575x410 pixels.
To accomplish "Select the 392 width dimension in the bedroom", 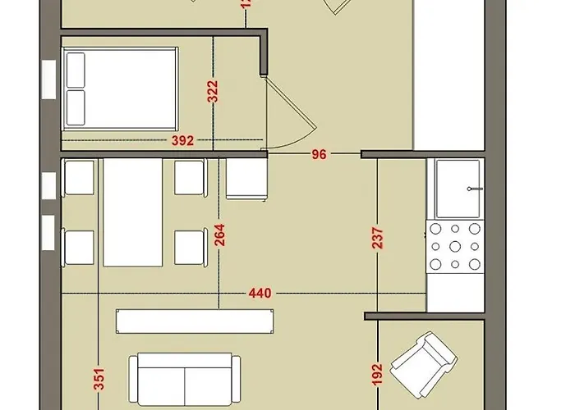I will tap(183, 140).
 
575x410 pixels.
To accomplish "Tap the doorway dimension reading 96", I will tap(318, 153).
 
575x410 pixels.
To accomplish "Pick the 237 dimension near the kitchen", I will tap(377, 243).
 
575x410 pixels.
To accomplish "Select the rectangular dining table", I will tap(134, 212).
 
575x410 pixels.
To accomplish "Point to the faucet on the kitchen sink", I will tap(472, 189).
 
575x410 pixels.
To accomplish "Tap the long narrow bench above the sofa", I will tap(194, 321).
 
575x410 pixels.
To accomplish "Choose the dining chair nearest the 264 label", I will tap(190, 247).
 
